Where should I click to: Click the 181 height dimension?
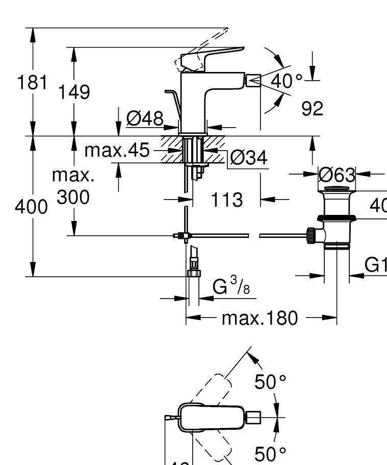[33, 82]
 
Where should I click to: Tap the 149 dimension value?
[73, 92]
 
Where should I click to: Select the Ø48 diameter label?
[144, 119]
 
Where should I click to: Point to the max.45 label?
[117, 151]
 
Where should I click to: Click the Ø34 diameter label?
[248, 158]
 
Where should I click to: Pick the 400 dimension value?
[32, 207]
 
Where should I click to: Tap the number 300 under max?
[73, 197]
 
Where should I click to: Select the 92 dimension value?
[313, 108]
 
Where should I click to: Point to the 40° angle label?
[287, 81]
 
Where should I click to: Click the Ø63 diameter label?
[337, 175]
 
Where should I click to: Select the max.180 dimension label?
[259, 319]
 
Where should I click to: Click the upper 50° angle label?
[271, 382]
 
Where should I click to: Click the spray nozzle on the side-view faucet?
[253, 80]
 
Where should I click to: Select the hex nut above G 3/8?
[193, 273]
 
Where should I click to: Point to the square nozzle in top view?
[253, 418]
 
